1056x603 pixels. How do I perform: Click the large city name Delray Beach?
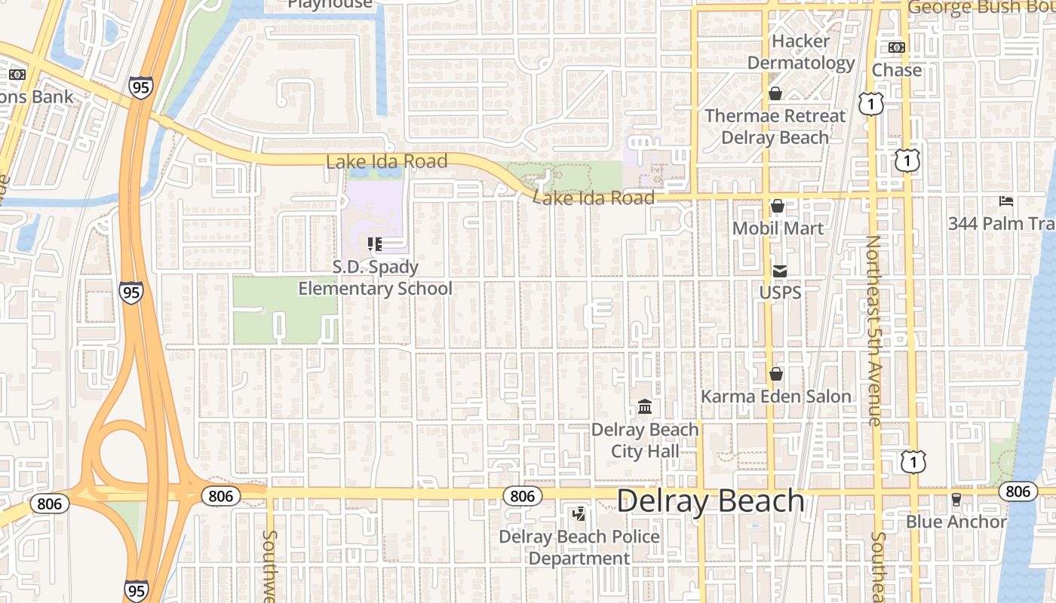click(711, 501)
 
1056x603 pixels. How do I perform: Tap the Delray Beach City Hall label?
click(645, 441)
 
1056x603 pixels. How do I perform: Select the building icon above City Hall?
click(645, 408)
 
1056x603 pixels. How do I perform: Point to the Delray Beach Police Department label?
click(579, 548)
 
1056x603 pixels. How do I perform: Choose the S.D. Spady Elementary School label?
click(375, 278)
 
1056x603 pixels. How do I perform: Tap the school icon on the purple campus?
click(375, 244)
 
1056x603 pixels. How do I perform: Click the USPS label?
click(780, 292)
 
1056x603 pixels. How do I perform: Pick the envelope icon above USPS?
click(779, 271)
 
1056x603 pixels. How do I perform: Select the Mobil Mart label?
click(778, 228)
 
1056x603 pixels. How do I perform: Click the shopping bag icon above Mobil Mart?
click(778, 206)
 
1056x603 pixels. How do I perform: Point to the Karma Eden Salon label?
click(775, 396)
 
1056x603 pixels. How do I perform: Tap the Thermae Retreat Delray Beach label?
click(775, 127)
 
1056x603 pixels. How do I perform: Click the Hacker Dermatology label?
click(800, 52)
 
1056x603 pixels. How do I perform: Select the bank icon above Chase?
click(897, 47)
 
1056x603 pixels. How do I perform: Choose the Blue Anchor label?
click(956, 522)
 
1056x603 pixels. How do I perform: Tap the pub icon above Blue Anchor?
click(956, 499)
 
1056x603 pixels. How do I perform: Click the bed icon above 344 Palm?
click(1006, 201)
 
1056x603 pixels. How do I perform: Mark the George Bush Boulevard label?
click(981, 8)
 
